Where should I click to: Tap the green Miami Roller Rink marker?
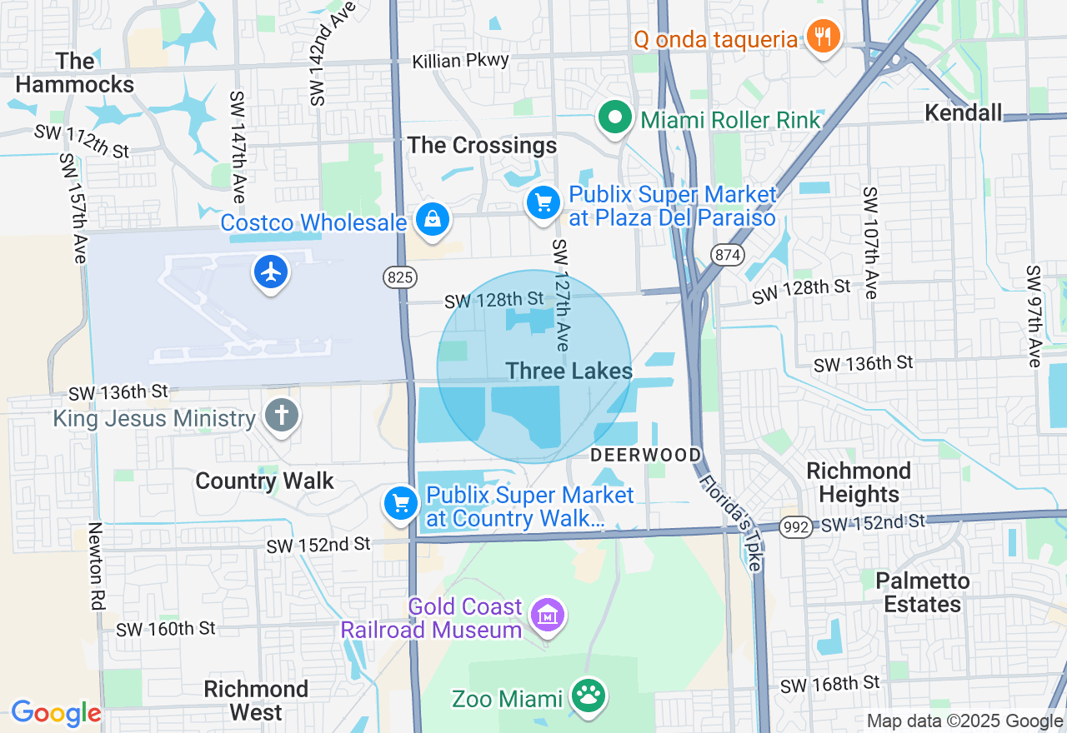pos(615,117)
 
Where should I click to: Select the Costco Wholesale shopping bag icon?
pos(432,220)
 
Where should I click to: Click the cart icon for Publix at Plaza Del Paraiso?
pos(544,202)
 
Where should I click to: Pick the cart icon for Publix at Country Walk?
pos(401,503)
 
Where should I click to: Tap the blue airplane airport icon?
pos(271,272)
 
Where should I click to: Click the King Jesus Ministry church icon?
pos(282,415)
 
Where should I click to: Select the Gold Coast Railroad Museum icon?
pos(548,616)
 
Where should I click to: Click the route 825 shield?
pos(400,277)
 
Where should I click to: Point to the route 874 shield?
pos(728,255)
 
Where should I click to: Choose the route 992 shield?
pos(796,526)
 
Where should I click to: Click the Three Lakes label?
pos(569,371)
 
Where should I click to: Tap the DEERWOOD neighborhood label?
pos(646,455)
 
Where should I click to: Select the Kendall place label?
pos(963,112)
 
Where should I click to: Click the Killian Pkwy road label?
pos(461,62)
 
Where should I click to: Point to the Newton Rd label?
pos(95,566)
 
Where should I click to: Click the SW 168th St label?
pos(829,685)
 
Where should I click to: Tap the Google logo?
pos(56,713)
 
